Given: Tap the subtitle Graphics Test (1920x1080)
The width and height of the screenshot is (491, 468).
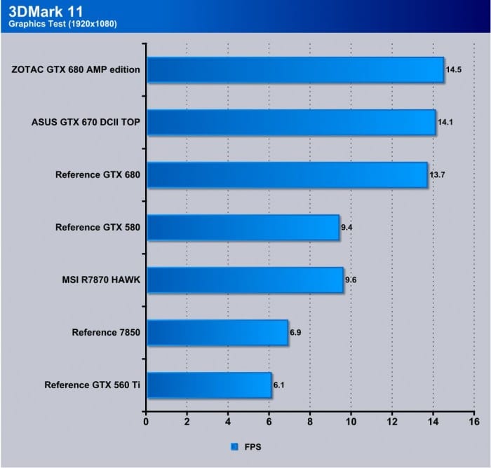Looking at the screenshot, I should (62, 24).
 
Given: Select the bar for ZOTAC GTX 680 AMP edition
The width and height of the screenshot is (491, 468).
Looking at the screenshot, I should (295, 69).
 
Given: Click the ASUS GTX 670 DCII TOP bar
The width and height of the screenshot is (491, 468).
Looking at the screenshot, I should (290, 122).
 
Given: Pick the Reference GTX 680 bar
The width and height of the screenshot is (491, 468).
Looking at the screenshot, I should (286, 174).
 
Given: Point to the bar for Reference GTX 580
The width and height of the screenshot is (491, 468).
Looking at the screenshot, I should (242, 227).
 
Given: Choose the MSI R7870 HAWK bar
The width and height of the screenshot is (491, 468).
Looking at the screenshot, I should (244, 280).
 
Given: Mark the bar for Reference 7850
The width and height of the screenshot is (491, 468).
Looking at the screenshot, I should (217, 332).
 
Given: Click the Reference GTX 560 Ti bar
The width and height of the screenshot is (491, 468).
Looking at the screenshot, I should (208, 385).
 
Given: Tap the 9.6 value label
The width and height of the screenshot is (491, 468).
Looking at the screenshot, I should (351, 280).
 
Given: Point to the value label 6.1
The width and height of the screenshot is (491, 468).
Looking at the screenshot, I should (280, 385).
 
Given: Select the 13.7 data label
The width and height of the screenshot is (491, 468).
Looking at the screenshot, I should (437, 175).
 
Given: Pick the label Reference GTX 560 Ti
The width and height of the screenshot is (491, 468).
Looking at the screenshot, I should (93, 385).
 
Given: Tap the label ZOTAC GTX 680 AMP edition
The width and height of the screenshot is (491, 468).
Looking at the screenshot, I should (76, 69).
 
